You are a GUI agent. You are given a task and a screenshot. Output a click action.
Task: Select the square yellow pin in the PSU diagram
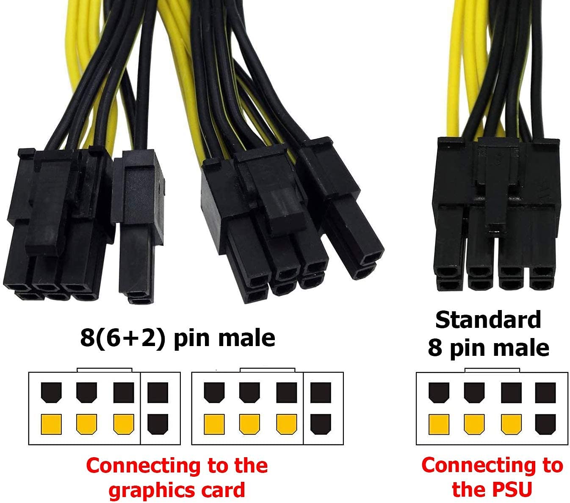pos(439,424)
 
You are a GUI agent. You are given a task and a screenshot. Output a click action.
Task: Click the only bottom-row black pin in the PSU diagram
pos(545,424)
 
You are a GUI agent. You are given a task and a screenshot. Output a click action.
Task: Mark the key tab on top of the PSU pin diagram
pos(492,370)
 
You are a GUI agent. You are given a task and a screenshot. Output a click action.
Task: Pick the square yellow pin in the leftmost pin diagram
pos(51,424)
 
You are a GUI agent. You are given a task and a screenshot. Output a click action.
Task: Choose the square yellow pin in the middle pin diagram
pos(214,424)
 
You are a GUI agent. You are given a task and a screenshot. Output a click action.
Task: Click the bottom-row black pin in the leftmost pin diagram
pos(158,424)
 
